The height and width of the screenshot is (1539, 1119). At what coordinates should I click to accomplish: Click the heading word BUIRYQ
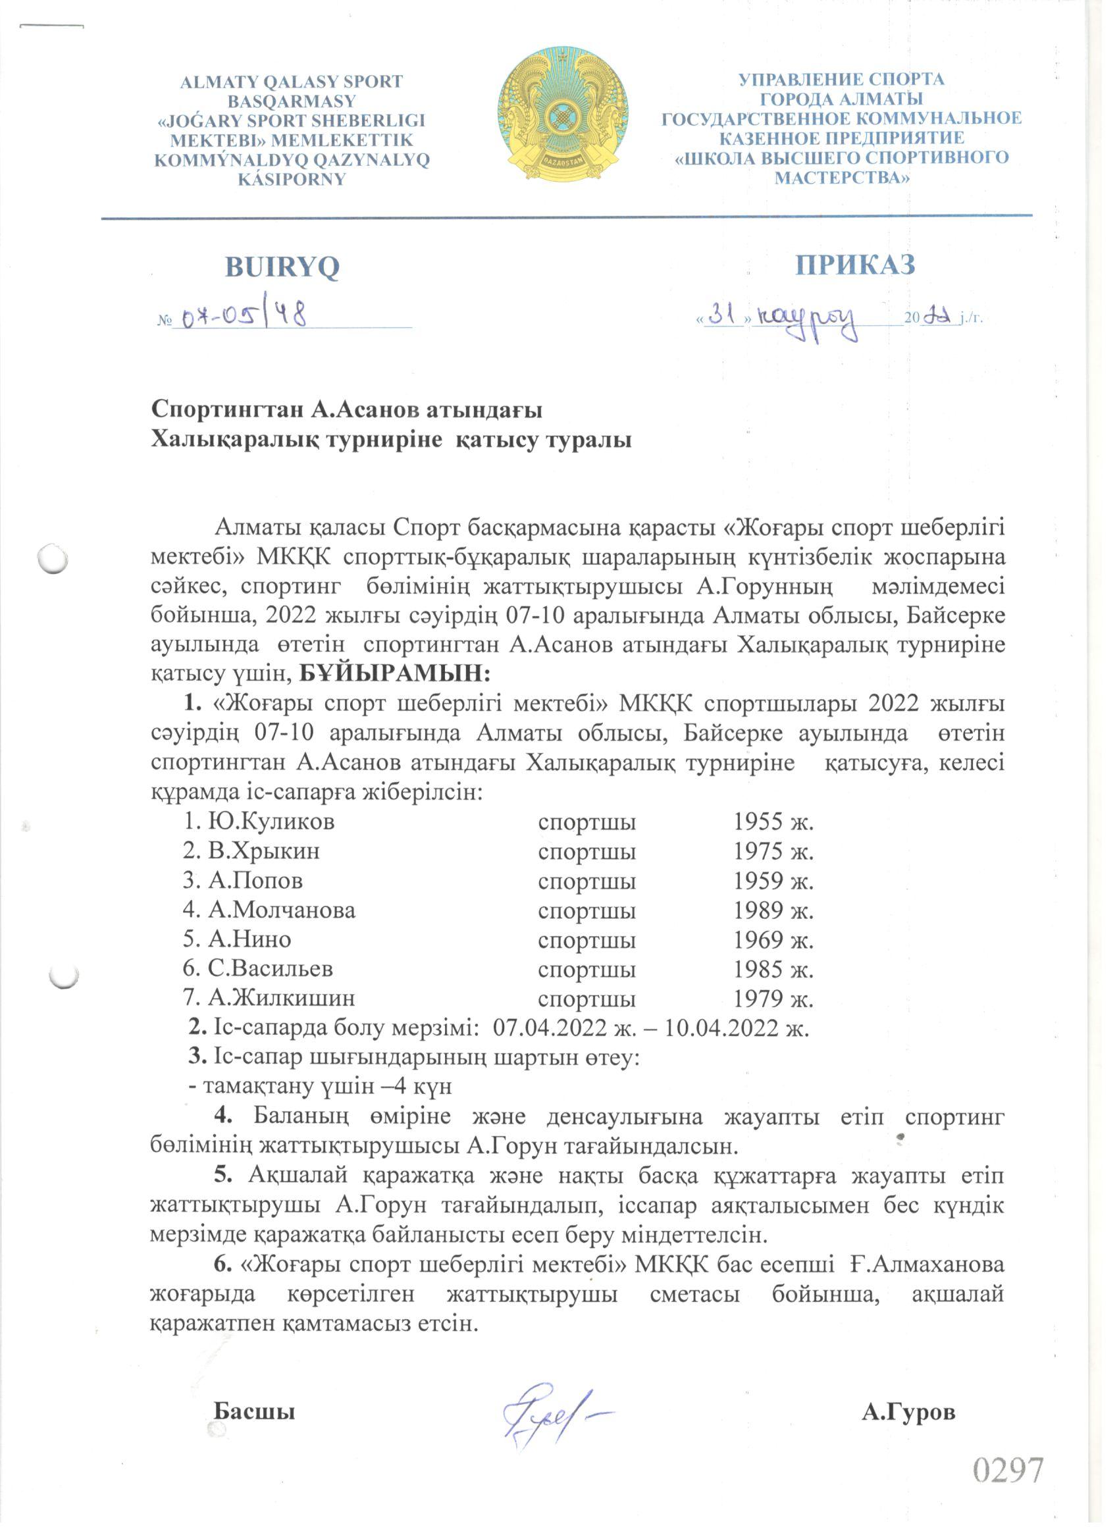click(282, 267)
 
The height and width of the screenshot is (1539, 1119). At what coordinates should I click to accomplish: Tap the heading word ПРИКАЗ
click(855, 265)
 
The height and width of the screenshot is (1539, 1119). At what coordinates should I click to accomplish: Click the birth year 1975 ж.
click(773, 851)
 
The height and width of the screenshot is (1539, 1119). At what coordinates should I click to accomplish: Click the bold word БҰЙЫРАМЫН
click(394, 674)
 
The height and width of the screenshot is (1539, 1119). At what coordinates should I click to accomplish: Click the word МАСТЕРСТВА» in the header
click(842, 178)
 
